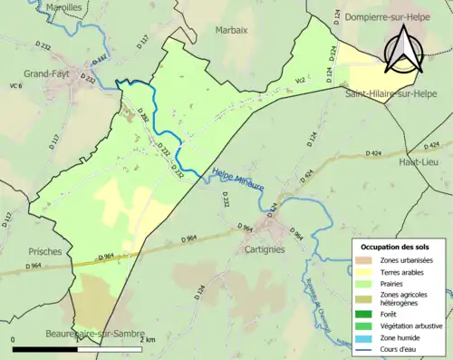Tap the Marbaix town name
(232, 30)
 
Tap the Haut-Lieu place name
(419, 161)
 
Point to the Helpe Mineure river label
(238, 179)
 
